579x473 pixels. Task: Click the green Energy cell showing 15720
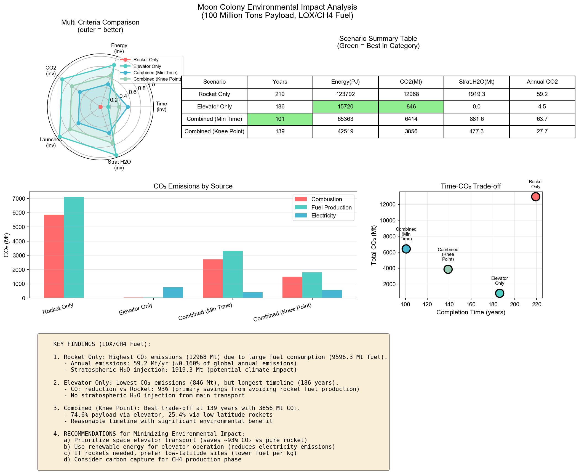coord(345,107)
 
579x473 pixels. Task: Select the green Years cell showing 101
coord(280,119)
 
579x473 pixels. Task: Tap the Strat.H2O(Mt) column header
coord(476,82)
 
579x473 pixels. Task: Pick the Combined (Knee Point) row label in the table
coord(214,131)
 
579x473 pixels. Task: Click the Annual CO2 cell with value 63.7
coord(542,119)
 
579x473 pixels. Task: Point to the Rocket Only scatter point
coord(535,197)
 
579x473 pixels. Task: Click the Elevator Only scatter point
coord(500,293)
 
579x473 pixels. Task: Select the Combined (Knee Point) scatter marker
coord(448,269)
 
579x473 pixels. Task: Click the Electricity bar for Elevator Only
coord(173,293)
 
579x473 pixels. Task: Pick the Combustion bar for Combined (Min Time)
coord(213,278)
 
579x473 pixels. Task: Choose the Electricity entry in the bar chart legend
coord(323,216)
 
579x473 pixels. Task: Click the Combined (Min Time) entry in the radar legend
coord(155,73)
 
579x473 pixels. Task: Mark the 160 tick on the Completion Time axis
coord(471,304)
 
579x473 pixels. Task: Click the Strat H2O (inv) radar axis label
coord(119,165)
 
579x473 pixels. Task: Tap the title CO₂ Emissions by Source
coord(193,186)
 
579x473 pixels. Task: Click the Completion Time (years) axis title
coord(471,312)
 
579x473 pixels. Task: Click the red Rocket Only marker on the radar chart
coord(100,107)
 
